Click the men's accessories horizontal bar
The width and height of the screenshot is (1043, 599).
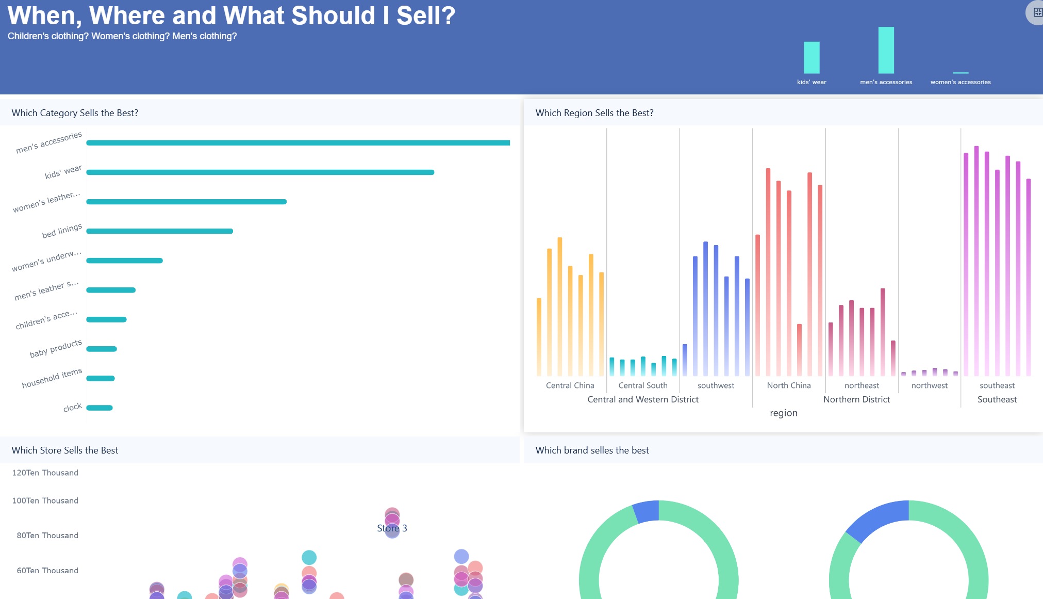(298, 143)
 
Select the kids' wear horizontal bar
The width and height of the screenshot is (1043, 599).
(260, 172)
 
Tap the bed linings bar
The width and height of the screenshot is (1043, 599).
(159, 231)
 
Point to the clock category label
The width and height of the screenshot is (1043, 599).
(73, 408)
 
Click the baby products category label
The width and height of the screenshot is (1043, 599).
(56, 349)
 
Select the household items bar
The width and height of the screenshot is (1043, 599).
(101, 378)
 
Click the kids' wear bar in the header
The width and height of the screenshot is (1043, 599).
(812, 57)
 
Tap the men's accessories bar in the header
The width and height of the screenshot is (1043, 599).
(886, 50)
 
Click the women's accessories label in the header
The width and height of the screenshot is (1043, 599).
(961, 82)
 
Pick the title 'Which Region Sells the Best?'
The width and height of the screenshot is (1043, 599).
(594, 113)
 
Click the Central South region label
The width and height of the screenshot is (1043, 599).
(643, 385)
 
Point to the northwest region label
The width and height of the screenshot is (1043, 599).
(929, 385)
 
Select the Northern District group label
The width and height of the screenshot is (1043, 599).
(856, 399)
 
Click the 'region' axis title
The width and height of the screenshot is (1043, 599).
(783, 413)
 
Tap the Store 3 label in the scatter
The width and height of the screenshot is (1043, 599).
(392, 528)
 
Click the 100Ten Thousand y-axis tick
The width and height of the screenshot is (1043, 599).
(45, 500)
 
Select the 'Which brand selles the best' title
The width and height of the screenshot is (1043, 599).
(592, 450)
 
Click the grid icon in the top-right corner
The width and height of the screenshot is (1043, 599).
(1037, 12)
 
